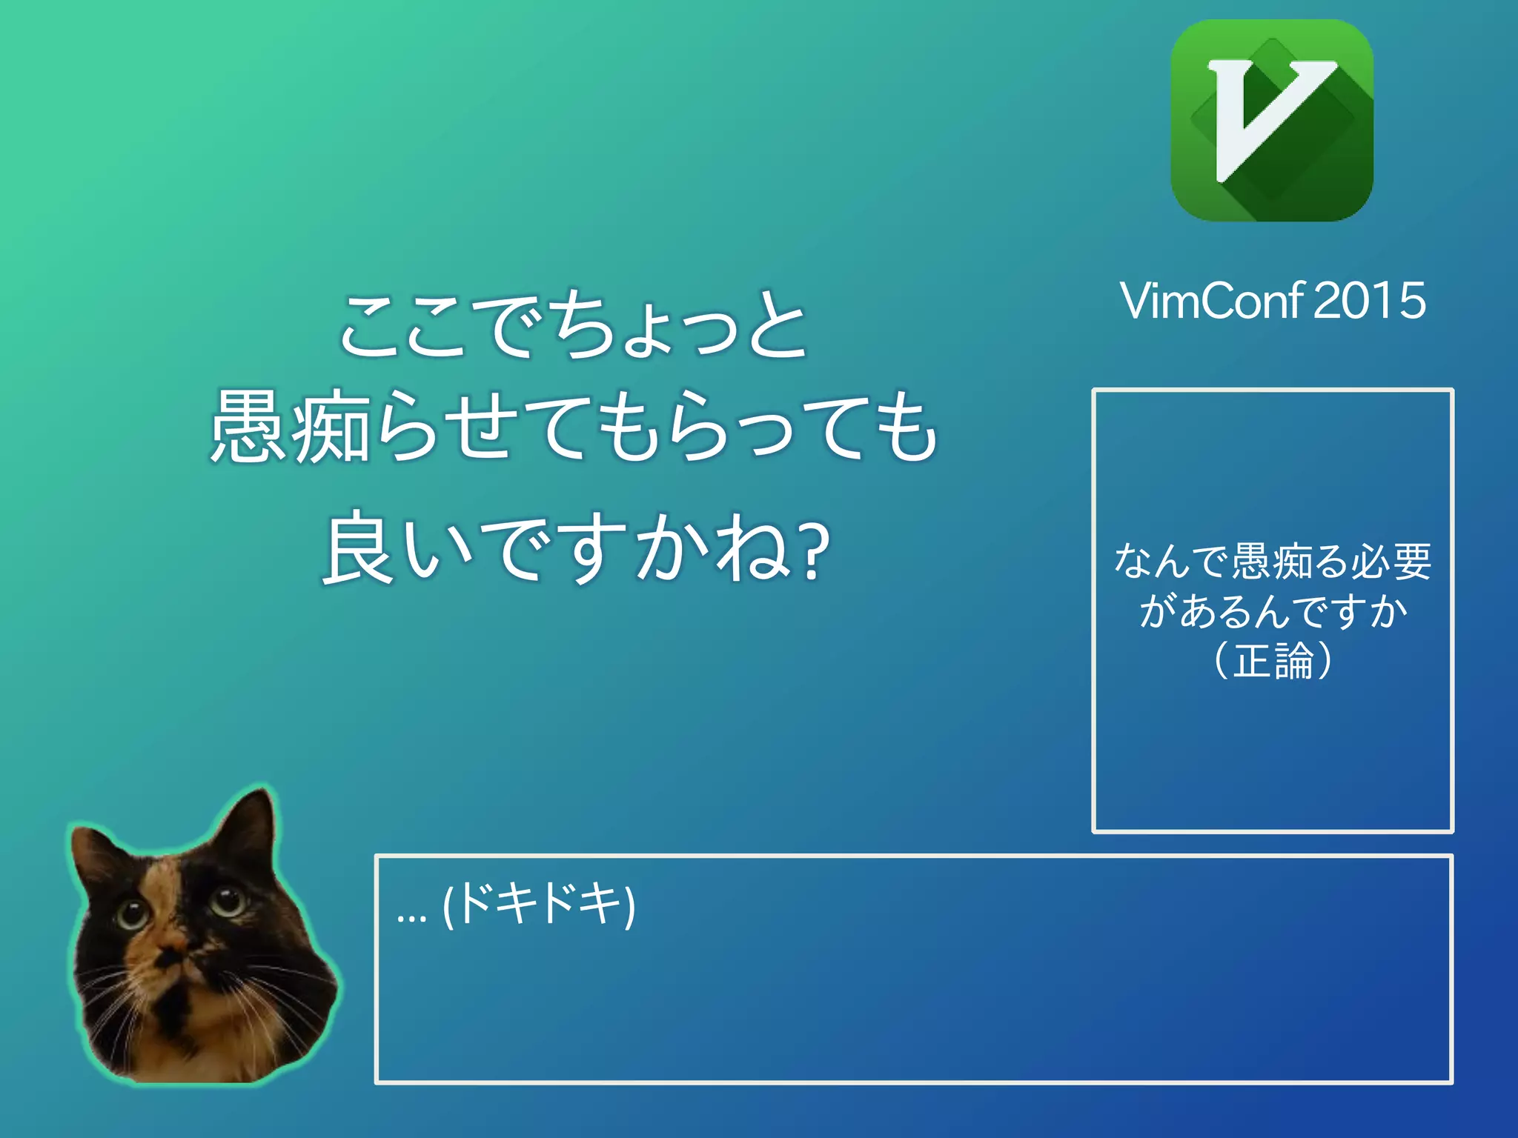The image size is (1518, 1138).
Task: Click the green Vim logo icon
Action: point(1272,121)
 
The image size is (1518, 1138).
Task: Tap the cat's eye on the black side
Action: point(227,900)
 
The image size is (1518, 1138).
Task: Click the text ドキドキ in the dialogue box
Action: point(540,905)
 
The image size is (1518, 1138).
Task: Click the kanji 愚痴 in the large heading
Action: point(289,428)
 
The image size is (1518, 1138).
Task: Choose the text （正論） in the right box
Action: point(1273,660)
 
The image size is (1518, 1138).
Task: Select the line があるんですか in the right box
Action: point(1273,611)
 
